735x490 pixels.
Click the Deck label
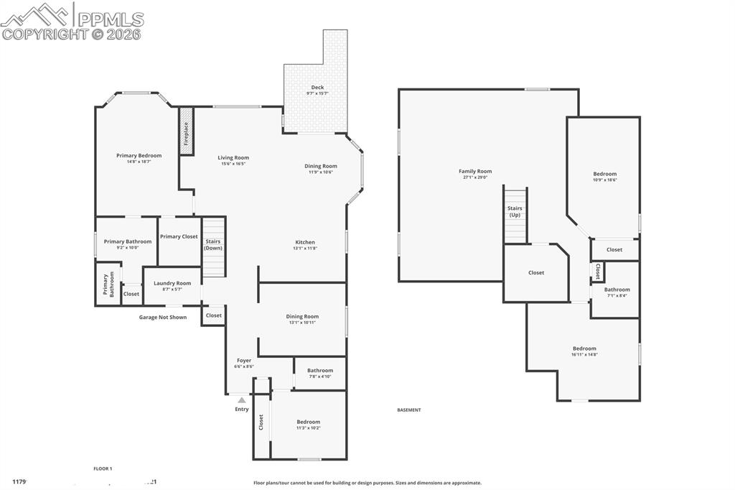(x=317, y=88)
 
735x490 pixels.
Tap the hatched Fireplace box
(x=186, y=131)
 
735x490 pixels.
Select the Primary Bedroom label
(x=139, y=155)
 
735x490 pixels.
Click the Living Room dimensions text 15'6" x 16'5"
(x=233, y=164)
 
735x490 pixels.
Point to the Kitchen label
(x=305, y=242)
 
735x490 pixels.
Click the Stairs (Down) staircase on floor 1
(x=213, y=248)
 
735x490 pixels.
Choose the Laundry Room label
(x=172, y=283)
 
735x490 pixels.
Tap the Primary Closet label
(x=179, y=236)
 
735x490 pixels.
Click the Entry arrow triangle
(x=242, y=400)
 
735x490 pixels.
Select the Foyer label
(x=244, y=361)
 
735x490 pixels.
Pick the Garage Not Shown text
(x=163, y=317)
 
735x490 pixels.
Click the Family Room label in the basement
(x=475, y=171)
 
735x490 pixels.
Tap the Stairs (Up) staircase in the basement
(x=515, y=216)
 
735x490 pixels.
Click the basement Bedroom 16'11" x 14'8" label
(x=584, y=348)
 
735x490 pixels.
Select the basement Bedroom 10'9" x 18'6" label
(x=604, y=174)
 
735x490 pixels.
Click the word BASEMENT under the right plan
(x=409, y=410)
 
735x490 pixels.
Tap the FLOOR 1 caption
(x=103, y=468)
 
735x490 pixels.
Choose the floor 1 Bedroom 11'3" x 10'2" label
(x=309, y=422)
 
